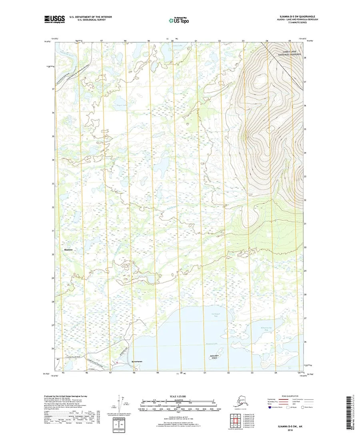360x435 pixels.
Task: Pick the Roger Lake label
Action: [110, 106]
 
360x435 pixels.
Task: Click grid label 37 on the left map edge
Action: [53, 89]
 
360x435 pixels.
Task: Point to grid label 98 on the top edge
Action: [125, 41]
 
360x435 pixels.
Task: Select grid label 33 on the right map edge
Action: [305, 176]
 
